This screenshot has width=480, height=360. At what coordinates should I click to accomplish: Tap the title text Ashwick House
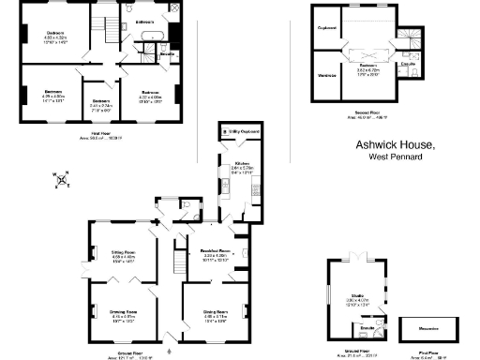point(395,145)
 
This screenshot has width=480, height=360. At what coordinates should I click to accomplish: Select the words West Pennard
point(394,157)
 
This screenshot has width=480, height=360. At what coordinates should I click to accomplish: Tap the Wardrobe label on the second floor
point(327,75)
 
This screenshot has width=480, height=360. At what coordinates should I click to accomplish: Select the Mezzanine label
point(430,328)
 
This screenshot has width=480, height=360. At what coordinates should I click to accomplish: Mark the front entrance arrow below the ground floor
point(169,336)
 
